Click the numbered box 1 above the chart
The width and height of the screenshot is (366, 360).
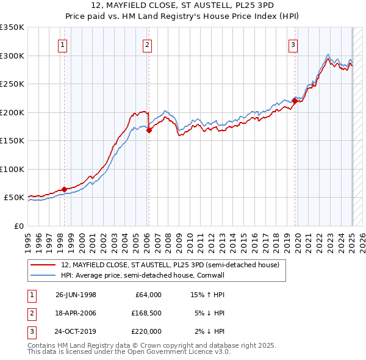63,44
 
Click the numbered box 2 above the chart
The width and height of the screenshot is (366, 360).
148,44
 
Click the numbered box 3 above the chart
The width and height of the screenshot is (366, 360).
293,44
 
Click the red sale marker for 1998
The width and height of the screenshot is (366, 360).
64,189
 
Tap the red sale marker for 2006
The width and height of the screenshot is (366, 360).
149,130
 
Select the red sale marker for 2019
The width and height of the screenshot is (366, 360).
295,101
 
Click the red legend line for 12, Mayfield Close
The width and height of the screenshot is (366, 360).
43,265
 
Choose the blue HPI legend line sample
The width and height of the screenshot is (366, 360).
43,276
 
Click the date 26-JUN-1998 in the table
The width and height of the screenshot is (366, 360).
76,295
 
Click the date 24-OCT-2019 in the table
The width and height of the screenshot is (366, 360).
76,331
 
